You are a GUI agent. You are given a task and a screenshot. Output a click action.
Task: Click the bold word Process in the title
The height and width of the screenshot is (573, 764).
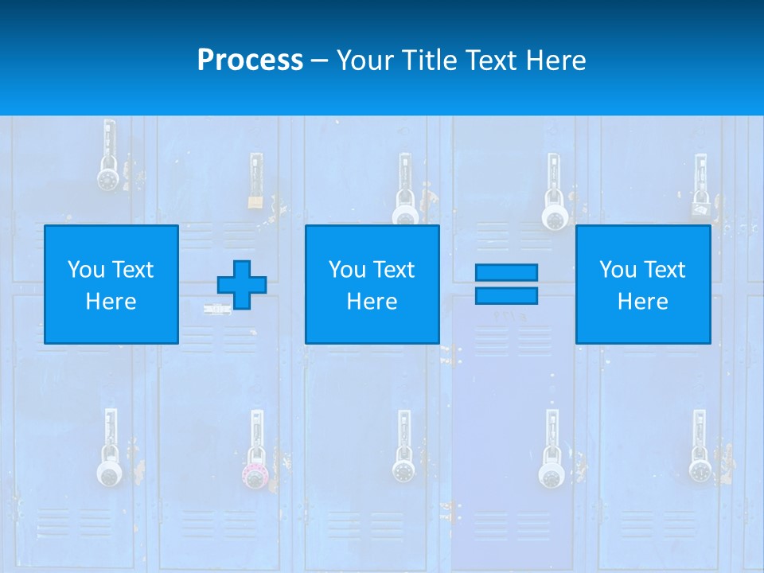tap(250, 60)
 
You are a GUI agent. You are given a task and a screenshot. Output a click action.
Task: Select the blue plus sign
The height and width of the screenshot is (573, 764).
tap(242, 284)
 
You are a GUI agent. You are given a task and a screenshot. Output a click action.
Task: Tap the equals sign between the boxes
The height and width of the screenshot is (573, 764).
tap(506, 284)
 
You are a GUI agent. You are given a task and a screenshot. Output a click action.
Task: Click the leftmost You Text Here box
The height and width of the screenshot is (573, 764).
tap(111, 284)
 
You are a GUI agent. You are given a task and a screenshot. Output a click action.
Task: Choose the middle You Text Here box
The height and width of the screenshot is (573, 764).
tap(372, 284)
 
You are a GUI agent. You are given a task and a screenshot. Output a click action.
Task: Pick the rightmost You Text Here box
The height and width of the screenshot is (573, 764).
tap(642, 284)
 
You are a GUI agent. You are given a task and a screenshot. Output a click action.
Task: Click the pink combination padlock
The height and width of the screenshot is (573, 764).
tap(255, 475)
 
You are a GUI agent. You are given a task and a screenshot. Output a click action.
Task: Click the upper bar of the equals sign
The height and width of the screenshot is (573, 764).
tap(506, 272)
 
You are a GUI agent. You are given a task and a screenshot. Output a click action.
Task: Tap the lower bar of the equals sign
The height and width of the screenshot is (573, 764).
tap(506, 295)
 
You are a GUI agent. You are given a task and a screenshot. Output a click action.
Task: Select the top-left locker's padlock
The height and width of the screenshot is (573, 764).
tap(107, 177)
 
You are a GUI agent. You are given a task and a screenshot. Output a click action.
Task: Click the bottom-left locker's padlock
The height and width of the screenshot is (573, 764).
tap(110, 474)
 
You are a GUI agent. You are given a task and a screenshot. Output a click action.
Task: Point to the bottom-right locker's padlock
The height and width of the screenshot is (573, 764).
tap(700, 469)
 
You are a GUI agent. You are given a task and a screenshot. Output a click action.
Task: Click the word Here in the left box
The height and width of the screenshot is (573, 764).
tap(111, 302)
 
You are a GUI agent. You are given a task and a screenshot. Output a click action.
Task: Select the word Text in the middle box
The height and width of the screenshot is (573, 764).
tap(393, 270)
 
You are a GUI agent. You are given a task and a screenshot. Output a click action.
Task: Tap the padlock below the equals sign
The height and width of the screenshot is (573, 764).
tap(551, 474)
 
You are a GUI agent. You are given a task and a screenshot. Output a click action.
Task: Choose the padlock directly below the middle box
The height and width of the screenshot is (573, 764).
tap(403, 470)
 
